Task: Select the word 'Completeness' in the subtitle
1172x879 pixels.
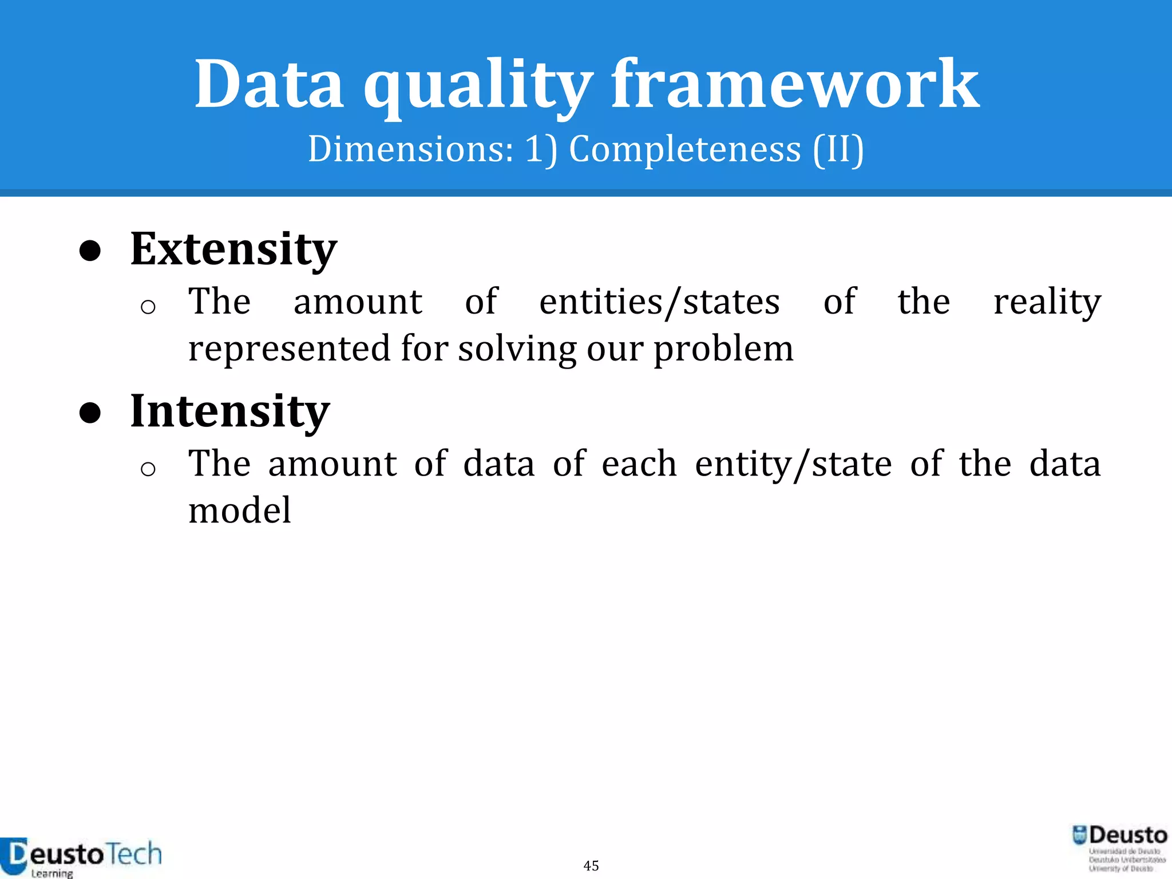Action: [685, 149]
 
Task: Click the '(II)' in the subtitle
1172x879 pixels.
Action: [838, 149]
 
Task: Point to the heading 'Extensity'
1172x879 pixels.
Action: [233, 249]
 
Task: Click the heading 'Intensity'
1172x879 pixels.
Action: [230, 411]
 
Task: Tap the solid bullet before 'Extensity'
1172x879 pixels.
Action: [90, 251]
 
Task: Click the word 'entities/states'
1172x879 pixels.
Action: [659, 302]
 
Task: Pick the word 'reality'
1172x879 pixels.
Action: [1047, 302]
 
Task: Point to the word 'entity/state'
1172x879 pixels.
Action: [793, 464]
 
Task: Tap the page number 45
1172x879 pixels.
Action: [591, 865]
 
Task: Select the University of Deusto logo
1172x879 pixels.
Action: [1119, 848]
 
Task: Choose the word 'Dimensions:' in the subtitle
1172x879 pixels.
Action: [411, 149]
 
